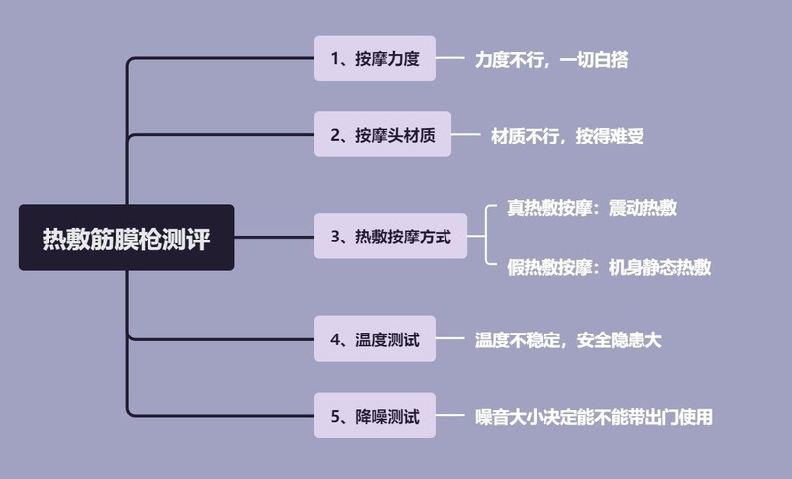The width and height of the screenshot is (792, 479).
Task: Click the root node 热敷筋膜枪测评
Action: (x=126, y=238)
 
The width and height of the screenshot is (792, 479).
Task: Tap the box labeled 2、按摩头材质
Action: (x=382, y=135)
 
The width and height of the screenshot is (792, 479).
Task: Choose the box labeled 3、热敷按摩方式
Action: (x=389, y=237)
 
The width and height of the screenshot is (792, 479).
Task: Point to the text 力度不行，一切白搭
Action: (x=550, y=59)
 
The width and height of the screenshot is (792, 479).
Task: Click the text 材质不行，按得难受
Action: (x=567, y=136)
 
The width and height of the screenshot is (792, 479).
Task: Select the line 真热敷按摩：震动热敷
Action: (x=592, y=208)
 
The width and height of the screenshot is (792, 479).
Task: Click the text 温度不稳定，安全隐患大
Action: (x=567, y=340)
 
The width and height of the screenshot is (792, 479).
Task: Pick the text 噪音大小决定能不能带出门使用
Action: (x=593, y=417)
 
